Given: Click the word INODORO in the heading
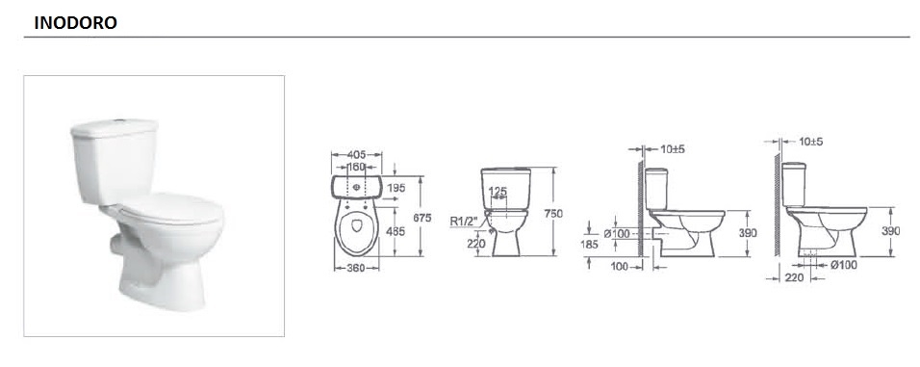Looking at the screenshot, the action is point(76,23).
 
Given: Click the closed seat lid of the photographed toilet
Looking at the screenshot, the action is point(170,207).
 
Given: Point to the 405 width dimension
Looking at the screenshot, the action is point(356,154).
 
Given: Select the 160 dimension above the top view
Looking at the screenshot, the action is point(356,167).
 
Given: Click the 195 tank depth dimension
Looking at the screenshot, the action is point(396,187).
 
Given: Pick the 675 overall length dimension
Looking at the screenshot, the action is point(422,218).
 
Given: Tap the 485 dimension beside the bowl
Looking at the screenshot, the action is point(396,231).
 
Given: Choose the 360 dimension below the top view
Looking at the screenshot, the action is point(355,268).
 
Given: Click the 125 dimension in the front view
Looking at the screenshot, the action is point(498,191).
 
